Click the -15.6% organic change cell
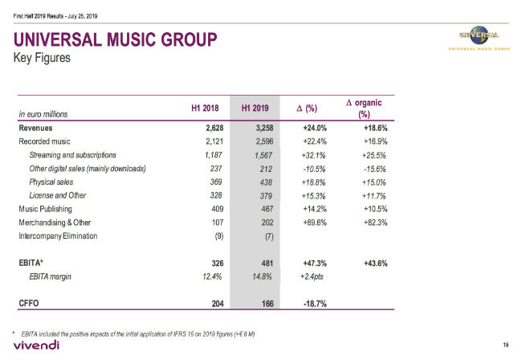pyautogui.click(x=372, y=169)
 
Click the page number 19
pyautogui.click(x=506, y=345)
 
